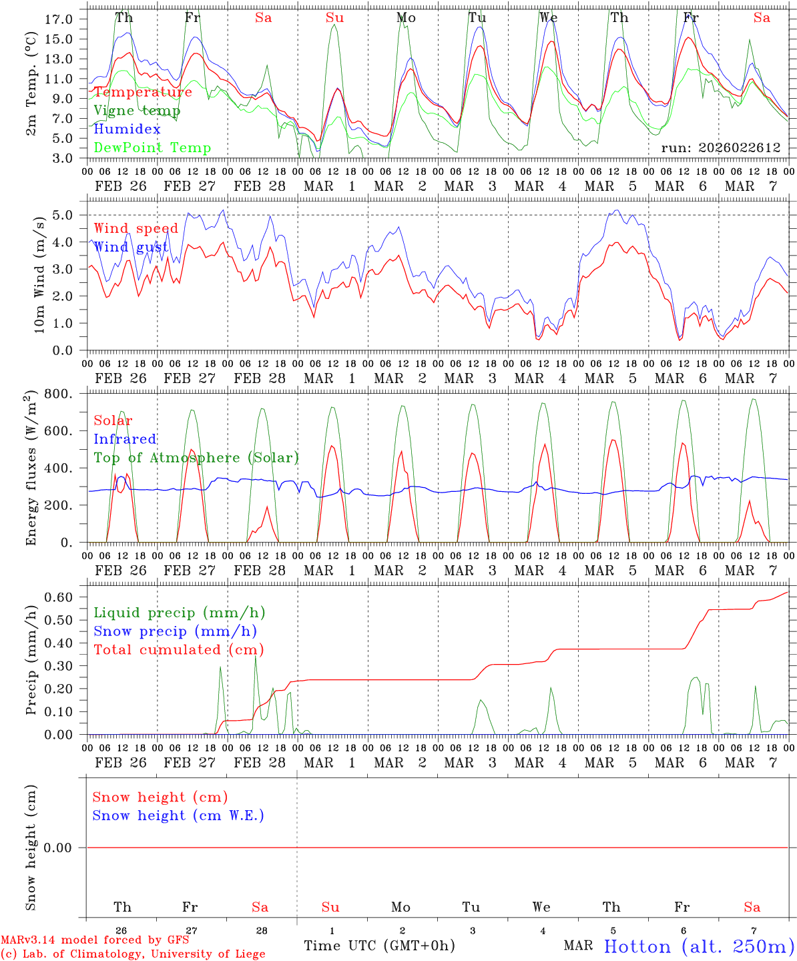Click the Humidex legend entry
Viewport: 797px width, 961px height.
127,129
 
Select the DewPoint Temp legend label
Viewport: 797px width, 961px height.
152,148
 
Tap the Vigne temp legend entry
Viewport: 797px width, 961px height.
137,111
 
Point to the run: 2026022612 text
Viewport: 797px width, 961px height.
720,148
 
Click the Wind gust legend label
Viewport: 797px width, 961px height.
131,248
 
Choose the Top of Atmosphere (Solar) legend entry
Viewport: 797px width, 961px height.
196,458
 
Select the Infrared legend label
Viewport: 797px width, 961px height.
125,439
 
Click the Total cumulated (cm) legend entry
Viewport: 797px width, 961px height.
178,650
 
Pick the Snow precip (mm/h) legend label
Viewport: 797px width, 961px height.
175,631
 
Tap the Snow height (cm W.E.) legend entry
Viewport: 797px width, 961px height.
178,816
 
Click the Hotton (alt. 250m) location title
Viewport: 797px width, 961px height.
699,946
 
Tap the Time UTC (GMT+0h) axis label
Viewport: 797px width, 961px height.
379,946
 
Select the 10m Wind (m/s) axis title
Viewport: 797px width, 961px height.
41,274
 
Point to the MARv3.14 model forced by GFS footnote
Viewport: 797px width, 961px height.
94,940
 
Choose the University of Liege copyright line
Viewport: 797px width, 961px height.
132,954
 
